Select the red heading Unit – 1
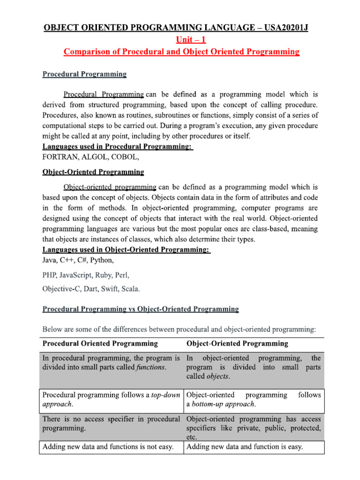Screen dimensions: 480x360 181,40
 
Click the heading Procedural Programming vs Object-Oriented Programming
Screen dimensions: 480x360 141,309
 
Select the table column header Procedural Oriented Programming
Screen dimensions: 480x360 100,343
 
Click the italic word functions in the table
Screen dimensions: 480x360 150,367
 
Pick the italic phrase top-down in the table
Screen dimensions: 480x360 166,395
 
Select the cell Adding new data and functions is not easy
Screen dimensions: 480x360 108,447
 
